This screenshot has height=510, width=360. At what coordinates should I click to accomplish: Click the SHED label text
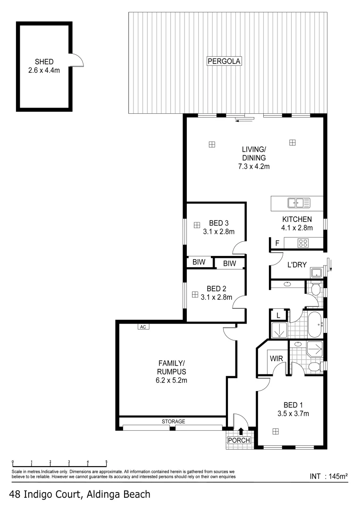coord(44,61)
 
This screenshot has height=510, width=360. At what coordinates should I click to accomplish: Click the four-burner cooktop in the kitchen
coord(303,244)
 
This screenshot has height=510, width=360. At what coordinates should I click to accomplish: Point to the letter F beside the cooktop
coord(277,244)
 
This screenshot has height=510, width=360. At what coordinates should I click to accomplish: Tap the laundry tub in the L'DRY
coord(316,272)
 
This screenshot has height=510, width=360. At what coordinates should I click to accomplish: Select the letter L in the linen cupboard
coord(278,315)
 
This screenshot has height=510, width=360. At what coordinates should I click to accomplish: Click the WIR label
coord(276,359)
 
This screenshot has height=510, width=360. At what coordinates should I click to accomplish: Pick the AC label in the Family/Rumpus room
coord(142,326)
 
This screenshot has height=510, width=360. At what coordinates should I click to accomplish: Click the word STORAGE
coord(173,421)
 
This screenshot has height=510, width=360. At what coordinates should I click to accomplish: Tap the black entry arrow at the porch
coord(241,431)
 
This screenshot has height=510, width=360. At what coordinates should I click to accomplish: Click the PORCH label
coord(239,441)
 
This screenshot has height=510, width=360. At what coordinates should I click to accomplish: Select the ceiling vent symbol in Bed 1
coord(275,431)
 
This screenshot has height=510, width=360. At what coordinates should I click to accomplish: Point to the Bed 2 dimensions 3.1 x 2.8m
coord(217,297)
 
